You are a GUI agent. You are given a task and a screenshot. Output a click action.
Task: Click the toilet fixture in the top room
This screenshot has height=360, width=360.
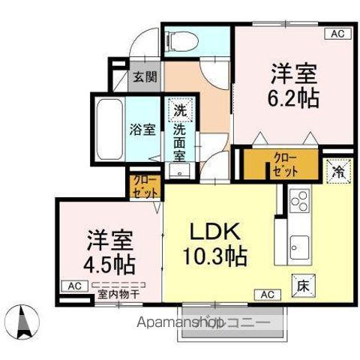pyautogui.click(x=179, y=40)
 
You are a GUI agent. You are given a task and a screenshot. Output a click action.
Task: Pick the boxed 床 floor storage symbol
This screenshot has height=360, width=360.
pyautogui.click(x=300, y=284)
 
